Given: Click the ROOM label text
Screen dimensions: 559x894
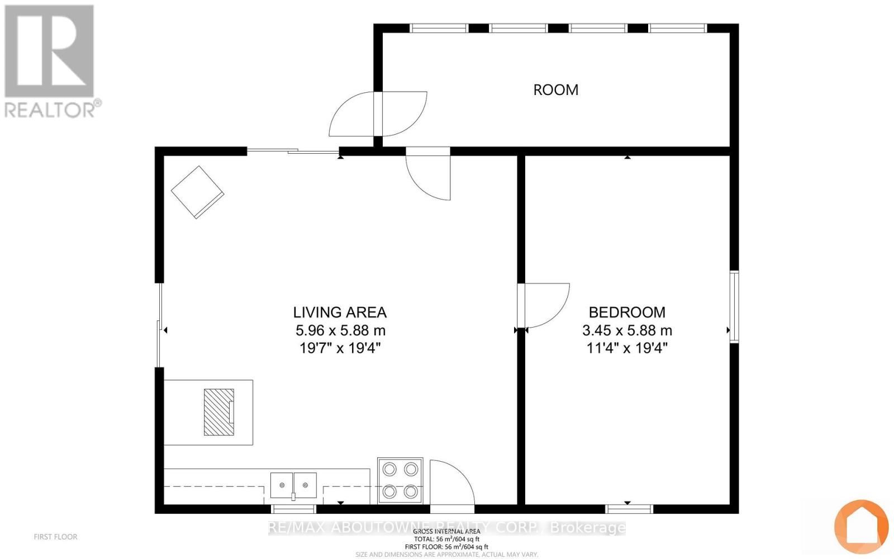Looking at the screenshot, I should point(555,90).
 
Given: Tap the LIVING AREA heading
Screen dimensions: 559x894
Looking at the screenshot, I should point(340,312).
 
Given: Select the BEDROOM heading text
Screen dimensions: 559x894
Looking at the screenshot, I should point(627,312).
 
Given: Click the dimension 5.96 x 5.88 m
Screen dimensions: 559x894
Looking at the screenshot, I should point(340,330).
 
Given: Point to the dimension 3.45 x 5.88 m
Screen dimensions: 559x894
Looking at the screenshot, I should point(627,330).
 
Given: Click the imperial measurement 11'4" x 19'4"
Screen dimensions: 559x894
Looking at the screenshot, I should point(627,348).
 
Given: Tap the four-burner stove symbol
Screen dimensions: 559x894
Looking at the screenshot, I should point(400,480).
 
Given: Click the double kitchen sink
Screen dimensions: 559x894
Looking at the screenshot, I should point(293,485).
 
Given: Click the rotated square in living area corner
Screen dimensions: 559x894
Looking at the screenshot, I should point(197,192).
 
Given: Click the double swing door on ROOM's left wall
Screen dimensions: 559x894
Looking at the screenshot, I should point(378,114).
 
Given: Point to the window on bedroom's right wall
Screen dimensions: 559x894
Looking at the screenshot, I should point(734,306).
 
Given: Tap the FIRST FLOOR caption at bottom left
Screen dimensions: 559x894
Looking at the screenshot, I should point(55,537).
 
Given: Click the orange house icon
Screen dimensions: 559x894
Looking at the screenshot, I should point(861,526).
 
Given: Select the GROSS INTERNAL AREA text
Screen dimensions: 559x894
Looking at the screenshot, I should point(446,531).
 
